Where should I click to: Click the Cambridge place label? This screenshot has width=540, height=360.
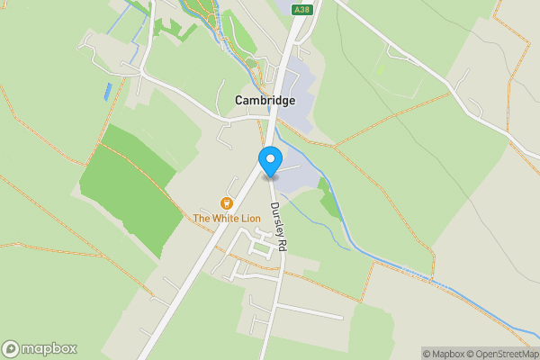(265, 101)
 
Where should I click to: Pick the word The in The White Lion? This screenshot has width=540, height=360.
(201, 218)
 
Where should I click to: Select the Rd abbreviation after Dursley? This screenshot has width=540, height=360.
(282, 243)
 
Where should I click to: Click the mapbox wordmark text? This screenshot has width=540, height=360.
(49, 349)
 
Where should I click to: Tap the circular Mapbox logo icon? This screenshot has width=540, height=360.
(11, 349)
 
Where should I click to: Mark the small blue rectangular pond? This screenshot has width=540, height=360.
(109, 91)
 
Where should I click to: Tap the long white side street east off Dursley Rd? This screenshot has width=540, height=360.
(310, 311)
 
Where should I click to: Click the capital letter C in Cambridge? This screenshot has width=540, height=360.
(239, 101)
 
